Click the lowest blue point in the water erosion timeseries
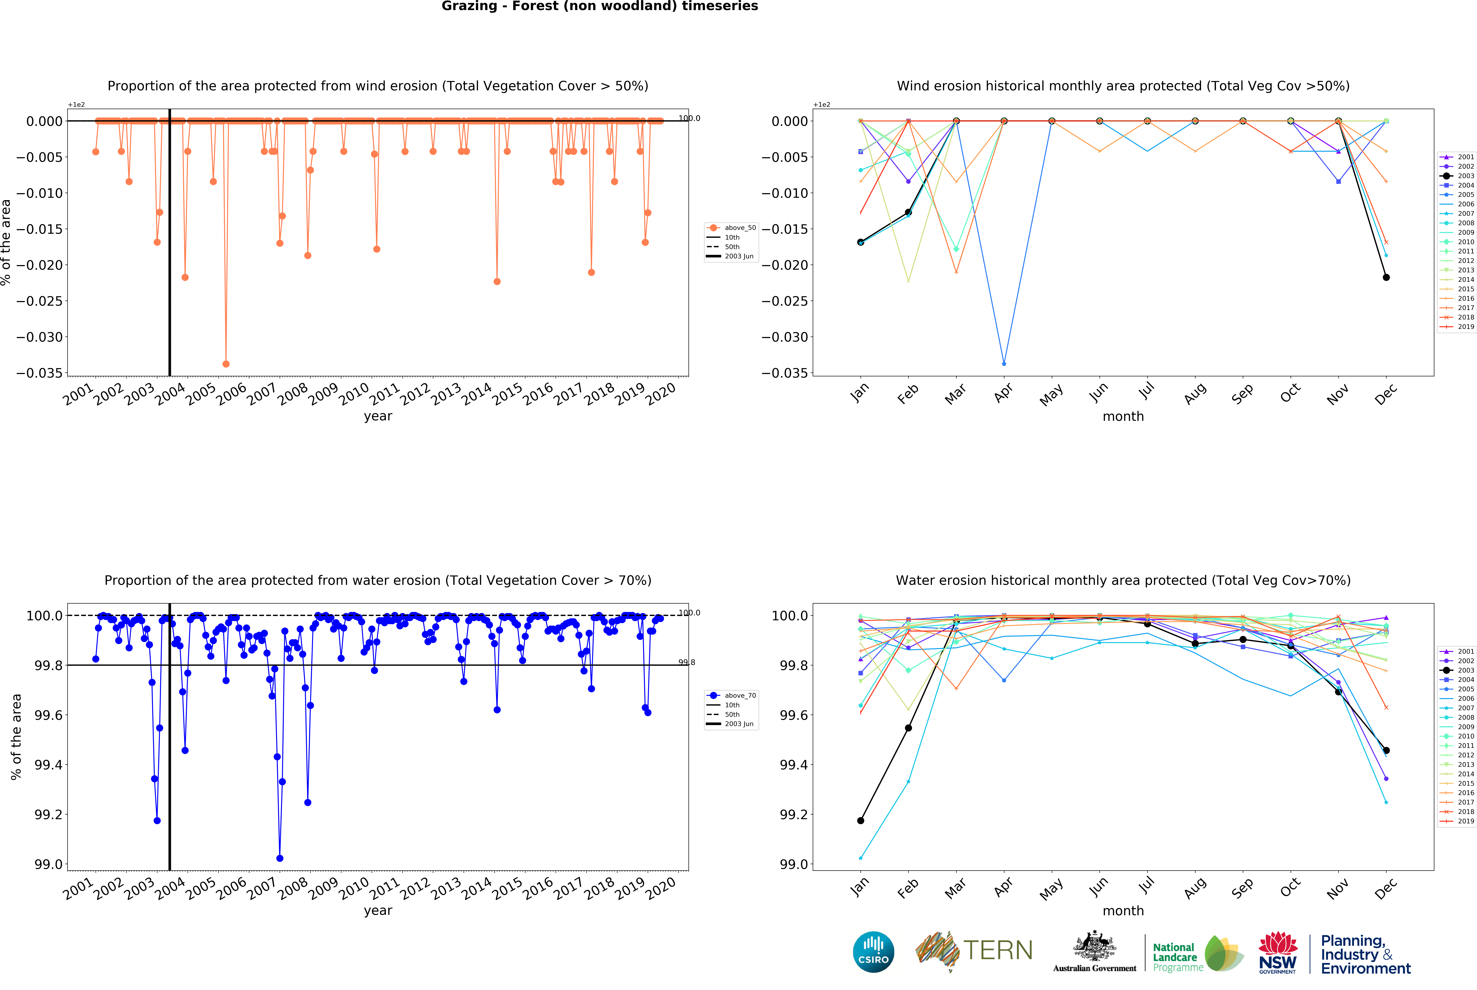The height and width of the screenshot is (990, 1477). tap(280, 858)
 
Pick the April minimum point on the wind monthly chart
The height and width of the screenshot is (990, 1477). tap(1004, 364)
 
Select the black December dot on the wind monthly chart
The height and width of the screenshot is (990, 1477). tap(1386, 277)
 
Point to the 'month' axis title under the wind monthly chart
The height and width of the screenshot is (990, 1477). tap(1123, 416)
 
